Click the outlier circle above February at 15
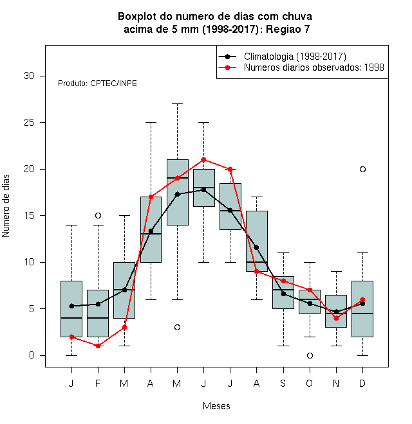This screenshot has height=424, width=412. pyautogui.click(x=98, y=215)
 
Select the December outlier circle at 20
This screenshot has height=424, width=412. pyautogui.click(x=362, y=169)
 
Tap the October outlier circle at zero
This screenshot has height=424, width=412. pyautogui.click(x=310, y=356)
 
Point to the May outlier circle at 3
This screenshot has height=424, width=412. pyautogui.click(x=177, y=328)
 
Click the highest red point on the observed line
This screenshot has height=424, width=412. pyautogui.click(x=204, y=160)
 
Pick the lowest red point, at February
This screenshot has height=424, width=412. pyautogui.click(x=98, y=346)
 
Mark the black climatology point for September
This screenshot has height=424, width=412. pyautogui.click(x=283, y=294)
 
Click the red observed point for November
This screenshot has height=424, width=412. pyautogui.click(x=337, y=318)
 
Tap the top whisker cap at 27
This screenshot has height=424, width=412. pyautogui.click(x=177, y=103)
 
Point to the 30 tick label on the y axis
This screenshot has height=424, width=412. pyautogui.click(x=29, y=76)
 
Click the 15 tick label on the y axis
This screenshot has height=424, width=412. pyautogui.click(x=29, y=215)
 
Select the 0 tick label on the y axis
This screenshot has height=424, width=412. pyautogui.click(x=32, y=355)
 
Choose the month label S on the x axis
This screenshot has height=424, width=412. pyautogui.click(x=283, y=383)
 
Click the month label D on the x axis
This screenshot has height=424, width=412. pyautogui.click(x=362, y=383)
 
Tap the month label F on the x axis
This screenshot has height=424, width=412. pyautogui.click(x=98, y=383)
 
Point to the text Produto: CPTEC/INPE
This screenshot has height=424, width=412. pyautogui.click(x=97, y=84)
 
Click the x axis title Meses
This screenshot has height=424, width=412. pyautogui.click(x=216, y=406)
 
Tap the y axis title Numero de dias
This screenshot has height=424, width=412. pyautogui.click(x=6, y=206)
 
